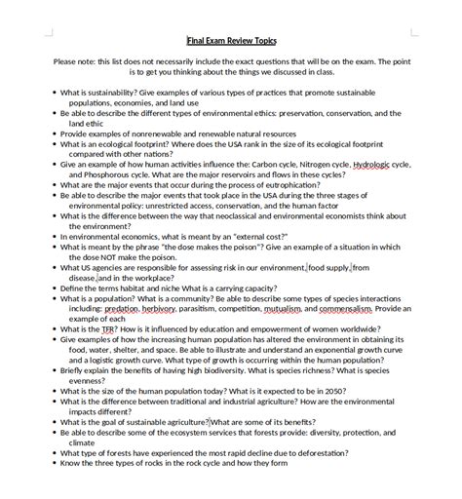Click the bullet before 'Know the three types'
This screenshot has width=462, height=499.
coord(54,464)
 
